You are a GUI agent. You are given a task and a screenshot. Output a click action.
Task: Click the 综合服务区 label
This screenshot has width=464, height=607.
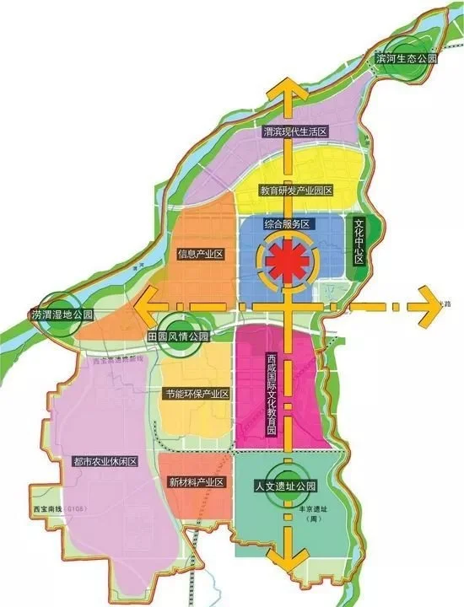288,224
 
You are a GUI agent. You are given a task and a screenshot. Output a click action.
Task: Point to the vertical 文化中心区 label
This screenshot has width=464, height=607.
359,242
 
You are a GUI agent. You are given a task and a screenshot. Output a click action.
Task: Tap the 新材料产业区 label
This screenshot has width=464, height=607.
195,482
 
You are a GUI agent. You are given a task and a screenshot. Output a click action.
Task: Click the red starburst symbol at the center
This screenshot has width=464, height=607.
287,261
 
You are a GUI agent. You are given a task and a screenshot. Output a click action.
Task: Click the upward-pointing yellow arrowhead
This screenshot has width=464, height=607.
289,89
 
